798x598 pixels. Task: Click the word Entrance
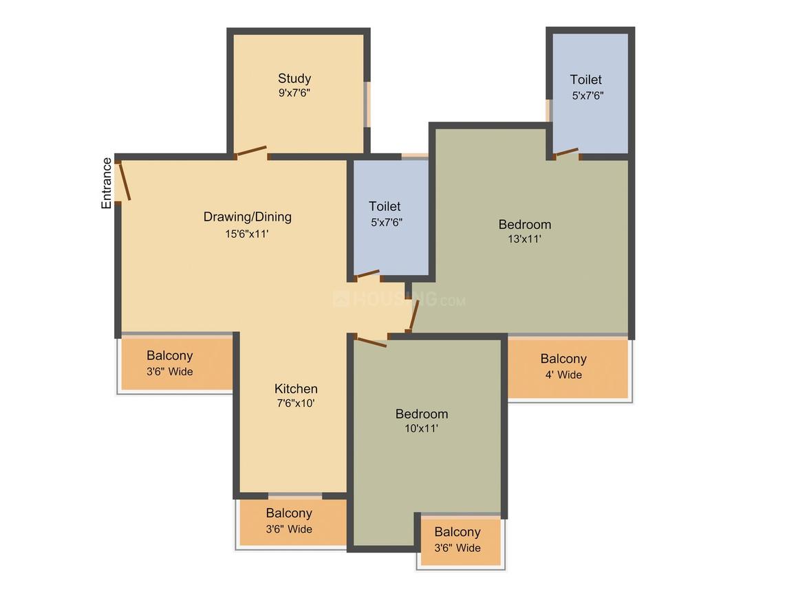coord(107,183)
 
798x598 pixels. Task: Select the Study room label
coord(294,78)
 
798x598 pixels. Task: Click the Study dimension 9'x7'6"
coord(294,93)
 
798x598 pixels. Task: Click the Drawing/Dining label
coord(248,217)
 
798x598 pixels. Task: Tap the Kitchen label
coord(296,388)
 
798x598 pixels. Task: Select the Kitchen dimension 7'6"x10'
coord(295,403)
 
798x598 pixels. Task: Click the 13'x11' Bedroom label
coord(525,224)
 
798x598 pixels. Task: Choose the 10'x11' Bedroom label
coord(422,414)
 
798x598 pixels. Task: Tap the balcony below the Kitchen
coord(290,521)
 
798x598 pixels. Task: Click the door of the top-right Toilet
coord(567,153)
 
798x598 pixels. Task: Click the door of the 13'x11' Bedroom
coord(414,315)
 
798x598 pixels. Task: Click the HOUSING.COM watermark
coord(399,300)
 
